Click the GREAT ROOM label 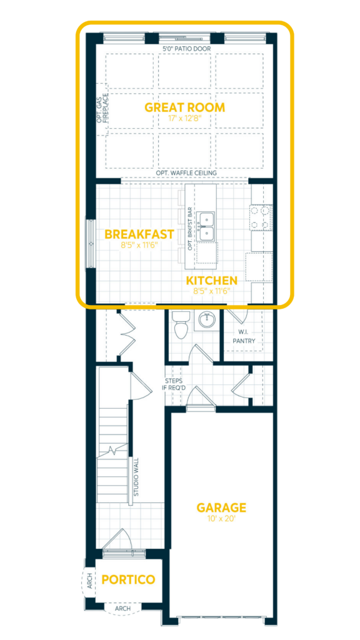point(184,107)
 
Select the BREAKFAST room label point(139,234)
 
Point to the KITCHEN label point(212,281)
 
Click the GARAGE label point(221,507)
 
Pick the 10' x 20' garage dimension point(221,519)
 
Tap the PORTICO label point(128,579)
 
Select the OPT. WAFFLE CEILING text point(186,173)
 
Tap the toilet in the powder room point(181,323)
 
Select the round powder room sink point(207,319)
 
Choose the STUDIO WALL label point(136,477)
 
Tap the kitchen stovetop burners point(261,217)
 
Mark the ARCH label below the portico point(123,608)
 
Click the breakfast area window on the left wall point(90,243)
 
